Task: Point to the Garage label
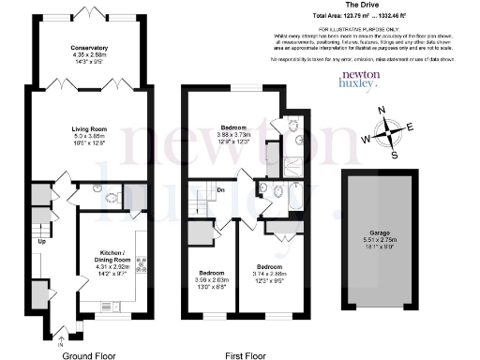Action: pyautogui.click(x=378, y=232)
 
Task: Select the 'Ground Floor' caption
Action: pyautogui.click(x=88, y=355)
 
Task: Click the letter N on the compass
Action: pyautogui.click(x=381, y=112)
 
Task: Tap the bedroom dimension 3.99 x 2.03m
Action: pyautogui.click(x=212, y=278)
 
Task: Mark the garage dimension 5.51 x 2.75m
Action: pyautogui.click(x=378, y=240)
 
